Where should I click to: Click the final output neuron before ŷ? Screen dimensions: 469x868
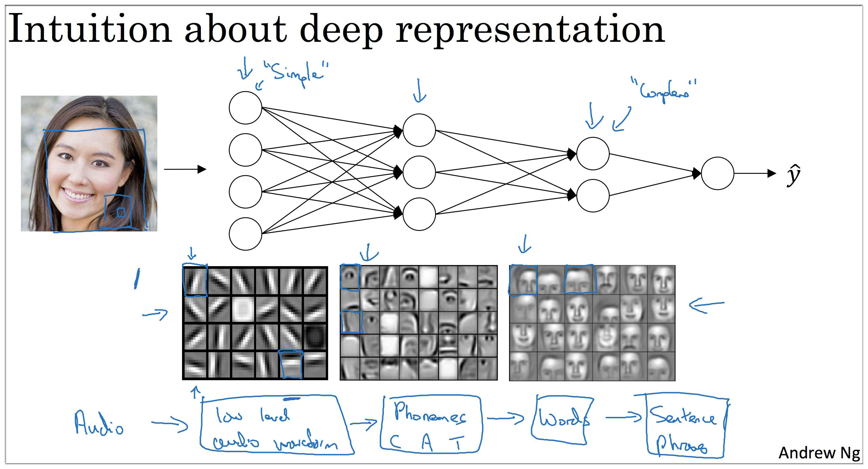click(717, 173)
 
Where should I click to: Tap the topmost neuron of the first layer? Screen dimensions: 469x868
click(245, 108)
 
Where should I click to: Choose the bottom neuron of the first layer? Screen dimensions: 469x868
click(245, 234)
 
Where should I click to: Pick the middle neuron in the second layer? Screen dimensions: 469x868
click(419, 172)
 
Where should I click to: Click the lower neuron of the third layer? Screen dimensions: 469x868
click(593, 195)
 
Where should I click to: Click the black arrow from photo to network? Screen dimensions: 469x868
click(185, 169)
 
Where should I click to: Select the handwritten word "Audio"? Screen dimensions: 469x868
click(99, 424)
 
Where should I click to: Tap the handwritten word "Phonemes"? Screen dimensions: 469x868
click(430, 413)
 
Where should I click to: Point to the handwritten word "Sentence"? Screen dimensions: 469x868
click(682, 416)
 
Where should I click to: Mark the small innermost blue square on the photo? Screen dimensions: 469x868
click(121, 213)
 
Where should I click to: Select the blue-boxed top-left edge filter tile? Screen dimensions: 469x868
click(195, 280)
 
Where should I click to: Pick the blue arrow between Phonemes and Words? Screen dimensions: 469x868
click(505, 418)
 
